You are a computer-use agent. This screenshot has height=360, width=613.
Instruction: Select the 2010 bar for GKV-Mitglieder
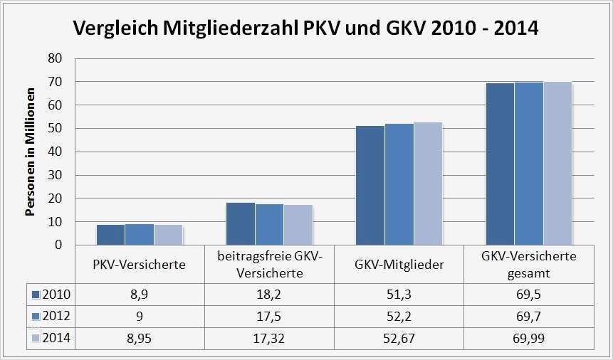pyautogui.click(x=370, y=185)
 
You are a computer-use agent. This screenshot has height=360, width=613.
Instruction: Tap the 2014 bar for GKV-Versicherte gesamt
pyautogui.click(x=557, y=163)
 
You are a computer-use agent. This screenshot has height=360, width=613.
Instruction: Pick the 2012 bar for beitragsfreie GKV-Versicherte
pyautogui.click(x=269, y=224)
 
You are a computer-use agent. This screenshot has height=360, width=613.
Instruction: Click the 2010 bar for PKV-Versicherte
pyautogui.click(x=110, y=234)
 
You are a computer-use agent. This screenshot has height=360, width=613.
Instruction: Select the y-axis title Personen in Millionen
pyautogui.click(x=31, y=152)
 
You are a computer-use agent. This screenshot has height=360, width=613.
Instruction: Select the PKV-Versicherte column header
pyautogui.click(x=140, y=265)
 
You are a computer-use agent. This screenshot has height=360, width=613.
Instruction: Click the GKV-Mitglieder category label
pyautogui.click(x=399, y=265)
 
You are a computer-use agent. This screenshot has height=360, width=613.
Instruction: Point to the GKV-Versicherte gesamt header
pyautogui.click(x=528, y=264)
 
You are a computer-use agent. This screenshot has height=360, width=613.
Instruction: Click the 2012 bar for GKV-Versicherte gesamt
pyautogui.click(x=529, y=163)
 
